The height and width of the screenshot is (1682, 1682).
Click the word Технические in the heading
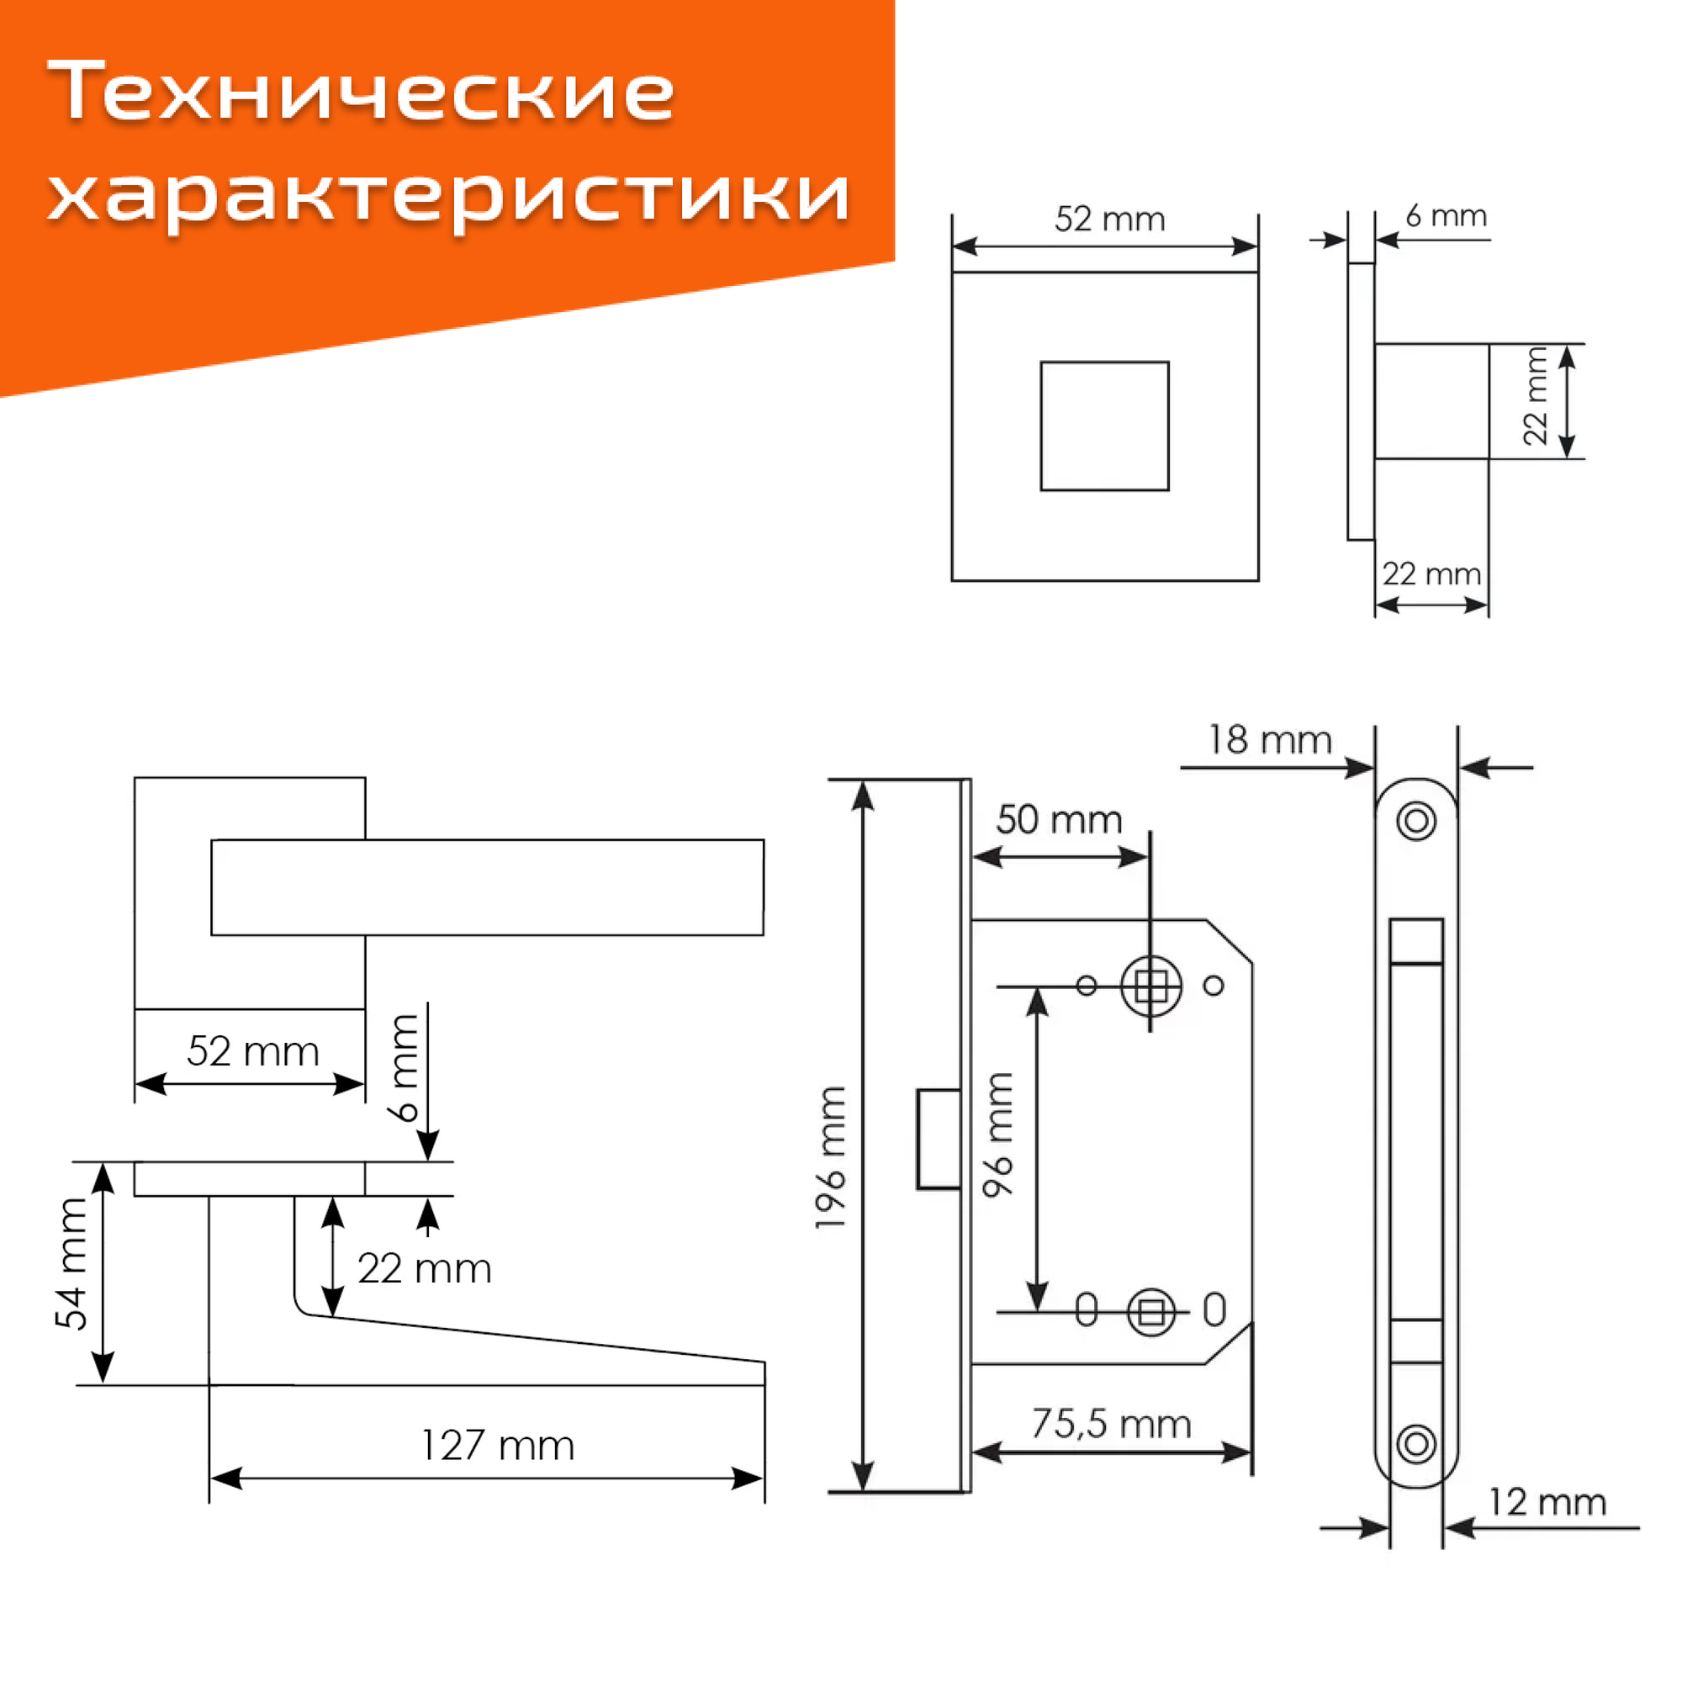(361, 91)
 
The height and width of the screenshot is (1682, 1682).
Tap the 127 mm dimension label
(497, 1446)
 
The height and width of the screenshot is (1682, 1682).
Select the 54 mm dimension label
(71, 1265)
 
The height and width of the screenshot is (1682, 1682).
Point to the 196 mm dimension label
(831, 1158)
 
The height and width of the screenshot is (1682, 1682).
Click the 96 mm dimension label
(997, 1135)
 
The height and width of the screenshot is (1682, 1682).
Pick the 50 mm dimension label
(1059, 820)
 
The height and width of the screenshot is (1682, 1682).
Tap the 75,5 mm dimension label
(1111, 1424)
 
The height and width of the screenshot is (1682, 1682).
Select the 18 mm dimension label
(1269, 740)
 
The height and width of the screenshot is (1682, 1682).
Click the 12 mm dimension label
(1547, 1502)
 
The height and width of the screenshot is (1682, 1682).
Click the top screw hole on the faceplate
(1415, 820)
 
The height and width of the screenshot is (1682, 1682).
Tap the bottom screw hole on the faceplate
(1415, 1444)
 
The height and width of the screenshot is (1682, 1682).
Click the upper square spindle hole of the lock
(1151, 986)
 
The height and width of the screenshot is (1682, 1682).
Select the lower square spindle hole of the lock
(1151, 1312)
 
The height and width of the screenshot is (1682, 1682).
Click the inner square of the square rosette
(1104, 426)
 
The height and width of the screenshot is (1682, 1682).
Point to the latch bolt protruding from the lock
(939, 1139)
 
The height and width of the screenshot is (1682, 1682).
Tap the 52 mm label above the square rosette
(1109, 220)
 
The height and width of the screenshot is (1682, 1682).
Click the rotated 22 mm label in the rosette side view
(1535, 397)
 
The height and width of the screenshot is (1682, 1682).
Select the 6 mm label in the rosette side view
(1446, 216)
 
